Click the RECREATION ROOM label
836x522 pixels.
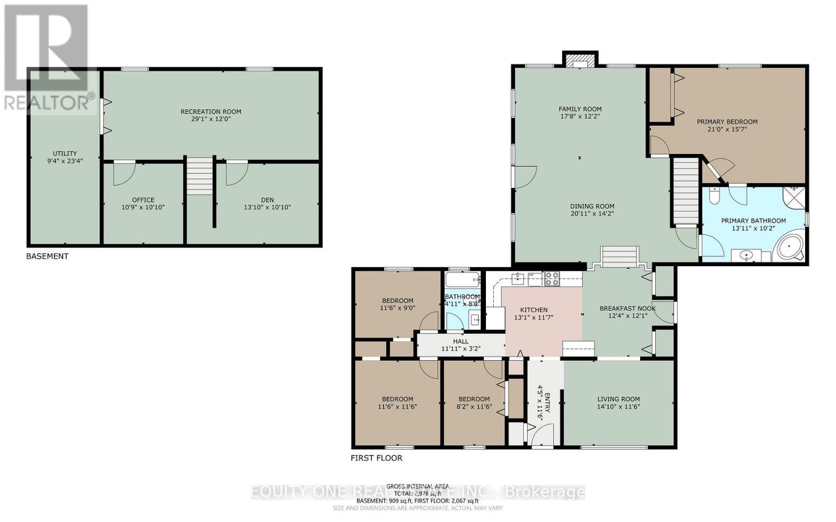click(x=211, y=111)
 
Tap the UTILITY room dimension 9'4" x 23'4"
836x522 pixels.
click(x=64, y=161)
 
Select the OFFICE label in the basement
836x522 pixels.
click(x=143, y=200)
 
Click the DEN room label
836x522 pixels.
click(x=267, y=200)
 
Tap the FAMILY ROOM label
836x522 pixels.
click(x=580, y=109)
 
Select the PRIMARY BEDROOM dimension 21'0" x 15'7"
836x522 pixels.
click(x=727, y=129)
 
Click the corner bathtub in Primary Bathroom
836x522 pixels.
click(x=789, y=247)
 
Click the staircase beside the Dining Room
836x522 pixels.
click(x=686, y=191)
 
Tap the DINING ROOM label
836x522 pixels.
click(x=592, y=206)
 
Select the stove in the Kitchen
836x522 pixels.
click(x=552, y=279)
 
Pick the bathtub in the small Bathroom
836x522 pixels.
click(x=462, y=279)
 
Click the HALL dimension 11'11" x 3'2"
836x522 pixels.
click(x=460, y=349)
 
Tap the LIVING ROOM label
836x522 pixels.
click(x=618, y=399)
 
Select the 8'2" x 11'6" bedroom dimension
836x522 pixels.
click(x=474, y=407)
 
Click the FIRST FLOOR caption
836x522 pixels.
click(x=376, y=458)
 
